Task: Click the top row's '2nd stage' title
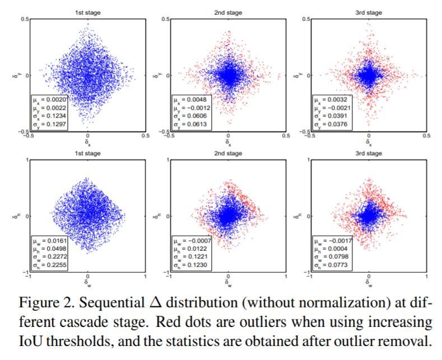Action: tap(228, 11)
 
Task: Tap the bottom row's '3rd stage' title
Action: tap(369, 152)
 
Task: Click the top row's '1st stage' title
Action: tap(87, 11)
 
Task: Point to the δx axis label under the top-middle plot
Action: tap(228, 142)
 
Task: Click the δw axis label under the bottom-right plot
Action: tap(369, 283)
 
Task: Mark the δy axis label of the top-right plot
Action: tap(299, 74)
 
